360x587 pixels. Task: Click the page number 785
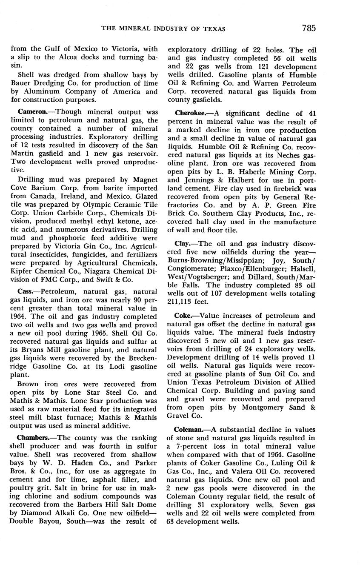click(309, 28)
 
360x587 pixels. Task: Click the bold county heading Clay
click(183, 244)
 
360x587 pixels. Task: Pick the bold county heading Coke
click(185, 316)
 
